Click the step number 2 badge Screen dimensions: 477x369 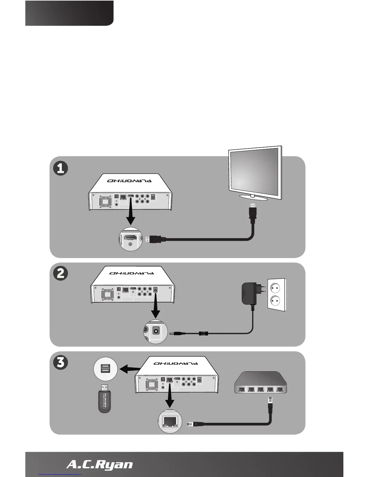(x=60, y=274)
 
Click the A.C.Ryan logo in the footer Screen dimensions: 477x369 (x=99, y=464)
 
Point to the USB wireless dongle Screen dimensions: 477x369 (x=104, y=399)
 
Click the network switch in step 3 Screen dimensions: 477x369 (x=260, y=383)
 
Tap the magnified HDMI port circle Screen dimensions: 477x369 (x=131, y=238)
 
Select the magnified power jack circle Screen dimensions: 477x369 (x=155, y=332)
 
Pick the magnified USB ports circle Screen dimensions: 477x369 (x=105, y=369)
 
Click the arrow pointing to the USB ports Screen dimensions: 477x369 (x=130, y=369)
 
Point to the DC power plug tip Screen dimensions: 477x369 (x=175, y=334)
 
